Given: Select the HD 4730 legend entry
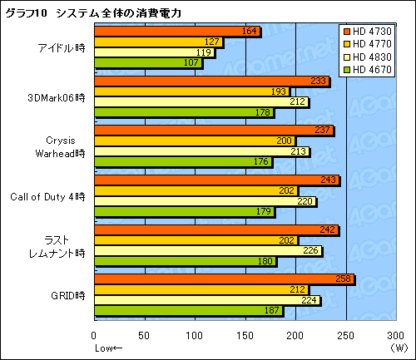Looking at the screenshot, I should point(372,32).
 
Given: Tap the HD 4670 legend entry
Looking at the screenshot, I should point(372,68).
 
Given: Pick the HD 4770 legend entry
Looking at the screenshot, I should point(372,44).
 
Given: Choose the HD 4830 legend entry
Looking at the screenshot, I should point(372,57).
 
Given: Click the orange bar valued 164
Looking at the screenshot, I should point(177,32).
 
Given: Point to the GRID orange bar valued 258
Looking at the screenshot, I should point(225,279).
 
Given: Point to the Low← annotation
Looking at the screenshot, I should point(108,347).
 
